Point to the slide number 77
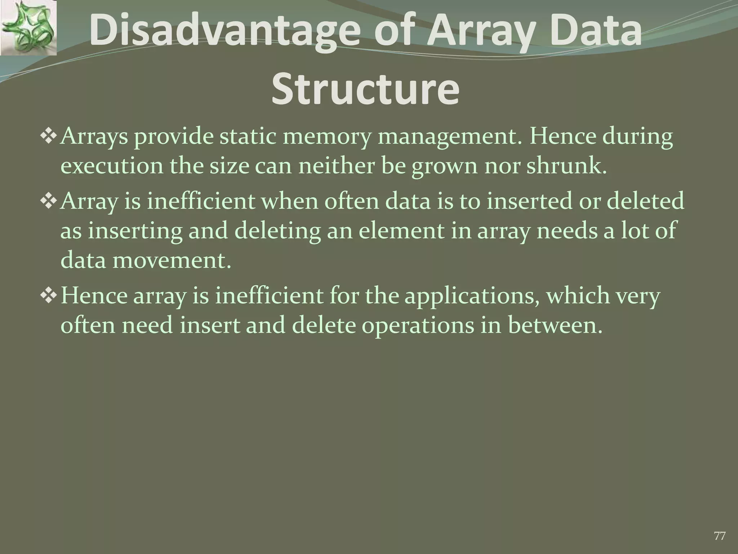[x=720, y=536]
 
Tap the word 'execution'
[x=112, y=166]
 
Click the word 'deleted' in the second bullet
[x=645, y=201]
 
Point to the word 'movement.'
[x=172, y=260]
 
